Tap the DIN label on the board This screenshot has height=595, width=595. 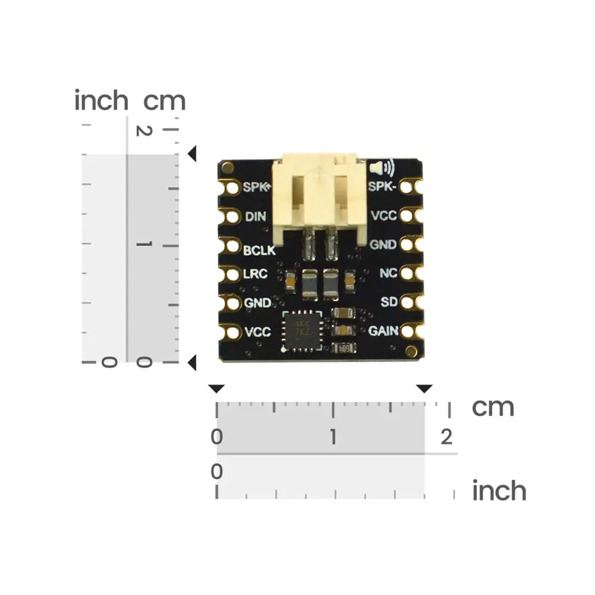(x=255, y=217)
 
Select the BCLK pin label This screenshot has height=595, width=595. (x=259, y=250)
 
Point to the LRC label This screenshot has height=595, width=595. (x=256, y=274)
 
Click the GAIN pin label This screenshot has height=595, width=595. (x=383, y=331)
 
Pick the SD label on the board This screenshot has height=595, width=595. (x=389, y=302)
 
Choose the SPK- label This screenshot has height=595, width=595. (x=383, y=187)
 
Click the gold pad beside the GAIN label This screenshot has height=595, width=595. (x=408, y=331)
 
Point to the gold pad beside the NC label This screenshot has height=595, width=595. (x=408, y=274)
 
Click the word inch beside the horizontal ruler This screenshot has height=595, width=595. (x=499, y=491)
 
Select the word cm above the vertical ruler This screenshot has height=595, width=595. (x=165, y=101)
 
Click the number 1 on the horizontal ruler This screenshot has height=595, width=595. (x=333, y=438)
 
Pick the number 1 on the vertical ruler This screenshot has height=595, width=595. (x=142, y=245)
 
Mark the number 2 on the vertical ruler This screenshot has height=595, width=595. (x=142, y=129)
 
